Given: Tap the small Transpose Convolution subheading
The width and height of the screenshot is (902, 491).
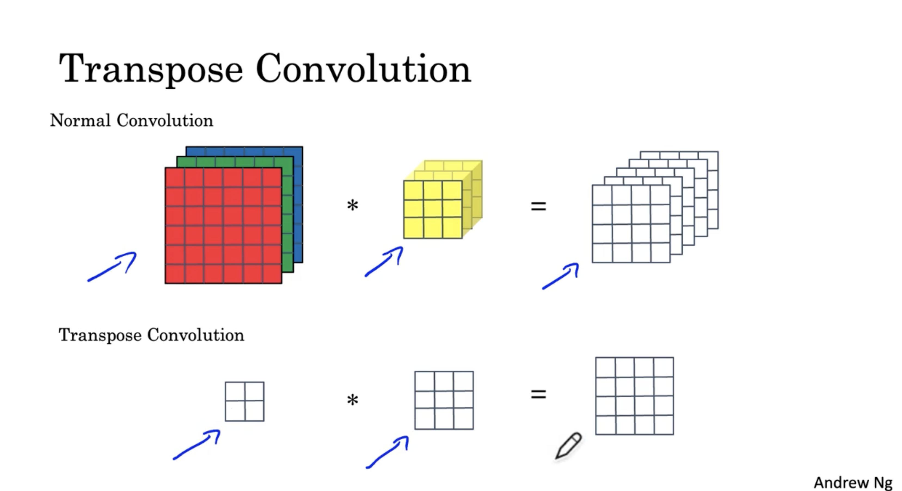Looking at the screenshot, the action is [x=151, y=335].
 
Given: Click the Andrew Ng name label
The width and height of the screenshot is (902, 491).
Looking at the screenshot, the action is [x=853, y=483].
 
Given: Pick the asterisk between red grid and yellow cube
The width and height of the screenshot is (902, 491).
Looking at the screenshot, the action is [x=352, y=205].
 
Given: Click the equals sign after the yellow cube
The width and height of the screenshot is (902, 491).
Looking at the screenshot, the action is [x=538, y=206].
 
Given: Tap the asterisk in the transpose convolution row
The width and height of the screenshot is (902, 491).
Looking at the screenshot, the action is [x=352, y=400].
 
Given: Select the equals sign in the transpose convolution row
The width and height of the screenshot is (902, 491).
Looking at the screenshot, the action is [x=538, y=395].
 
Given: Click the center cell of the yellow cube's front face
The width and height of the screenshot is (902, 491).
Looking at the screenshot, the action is [x=433, y=209].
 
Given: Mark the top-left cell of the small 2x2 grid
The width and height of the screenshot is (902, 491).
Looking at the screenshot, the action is [x=235, y=391].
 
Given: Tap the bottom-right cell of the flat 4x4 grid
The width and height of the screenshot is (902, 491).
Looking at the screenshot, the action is [x=664, y=425].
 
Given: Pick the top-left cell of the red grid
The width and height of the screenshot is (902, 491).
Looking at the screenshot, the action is [x=175, y=178].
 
